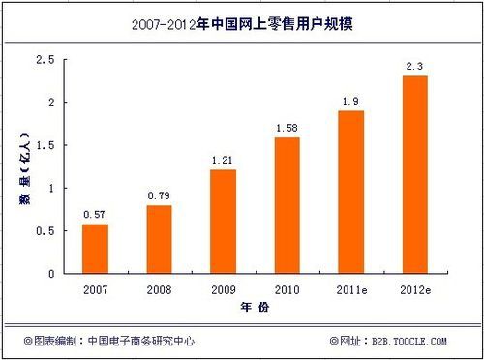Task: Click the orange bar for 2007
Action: click(95, 249)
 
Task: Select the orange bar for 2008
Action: click(159, 239)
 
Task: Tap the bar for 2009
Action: click(223, 222)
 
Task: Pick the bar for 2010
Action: click(287, 205)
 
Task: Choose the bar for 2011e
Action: click(350, 192)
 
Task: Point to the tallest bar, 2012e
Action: click(414, 174)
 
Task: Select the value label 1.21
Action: click(223, 160)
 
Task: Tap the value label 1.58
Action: click(287, 128)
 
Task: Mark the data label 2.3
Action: click(414, 66)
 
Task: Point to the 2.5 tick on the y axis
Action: click(45, 60)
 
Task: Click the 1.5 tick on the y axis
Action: click(45, 145)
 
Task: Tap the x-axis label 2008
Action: click(159, 288)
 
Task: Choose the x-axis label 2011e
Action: click(350, 288)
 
